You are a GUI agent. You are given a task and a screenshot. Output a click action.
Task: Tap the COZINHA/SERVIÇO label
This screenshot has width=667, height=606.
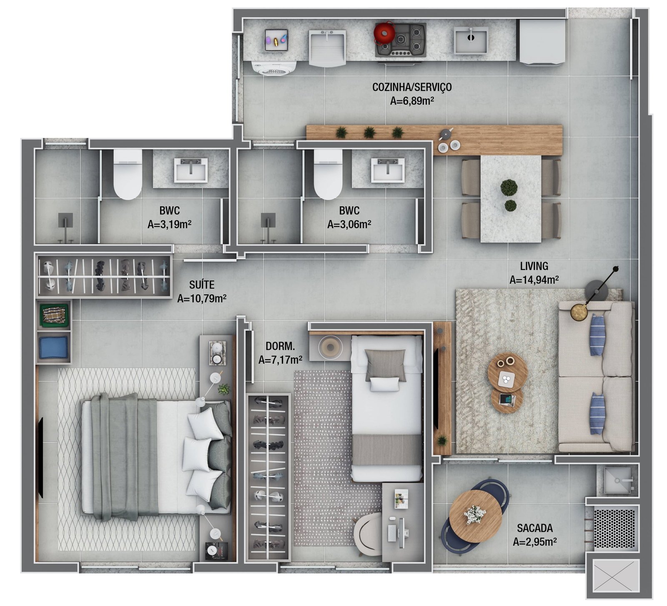411,87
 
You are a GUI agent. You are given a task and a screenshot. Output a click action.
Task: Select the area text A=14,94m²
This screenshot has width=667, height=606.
534,280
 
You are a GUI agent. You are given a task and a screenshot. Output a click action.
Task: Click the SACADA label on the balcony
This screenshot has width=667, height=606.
534,528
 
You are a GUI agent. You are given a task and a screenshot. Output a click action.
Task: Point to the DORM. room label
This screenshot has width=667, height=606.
280,346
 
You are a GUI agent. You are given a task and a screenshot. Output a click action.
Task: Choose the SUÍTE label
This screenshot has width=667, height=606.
202,285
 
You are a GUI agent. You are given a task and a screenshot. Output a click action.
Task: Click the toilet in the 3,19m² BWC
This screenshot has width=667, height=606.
128,174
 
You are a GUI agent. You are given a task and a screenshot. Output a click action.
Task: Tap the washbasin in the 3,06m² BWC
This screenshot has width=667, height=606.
388,170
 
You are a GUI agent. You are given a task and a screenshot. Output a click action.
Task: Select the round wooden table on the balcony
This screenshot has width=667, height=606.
475,516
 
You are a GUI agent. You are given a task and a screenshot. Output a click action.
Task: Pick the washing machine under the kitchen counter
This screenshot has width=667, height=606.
274,68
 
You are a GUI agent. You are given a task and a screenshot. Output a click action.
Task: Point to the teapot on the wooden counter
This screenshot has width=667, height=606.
446,133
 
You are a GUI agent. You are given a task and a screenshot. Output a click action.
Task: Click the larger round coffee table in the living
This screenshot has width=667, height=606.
507,373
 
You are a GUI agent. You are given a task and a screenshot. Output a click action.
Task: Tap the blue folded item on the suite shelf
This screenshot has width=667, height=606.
53,348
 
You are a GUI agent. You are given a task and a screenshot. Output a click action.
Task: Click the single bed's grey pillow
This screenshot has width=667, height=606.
385,365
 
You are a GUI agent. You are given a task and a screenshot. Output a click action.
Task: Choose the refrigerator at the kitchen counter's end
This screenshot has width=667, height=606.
541,42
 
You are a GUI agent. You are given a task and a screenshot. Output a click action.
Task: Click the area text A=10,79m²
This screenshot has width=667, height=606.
202,298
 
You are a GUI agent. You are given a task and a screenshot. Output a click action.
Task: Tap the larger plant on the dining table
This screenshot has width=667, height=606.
509,188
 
